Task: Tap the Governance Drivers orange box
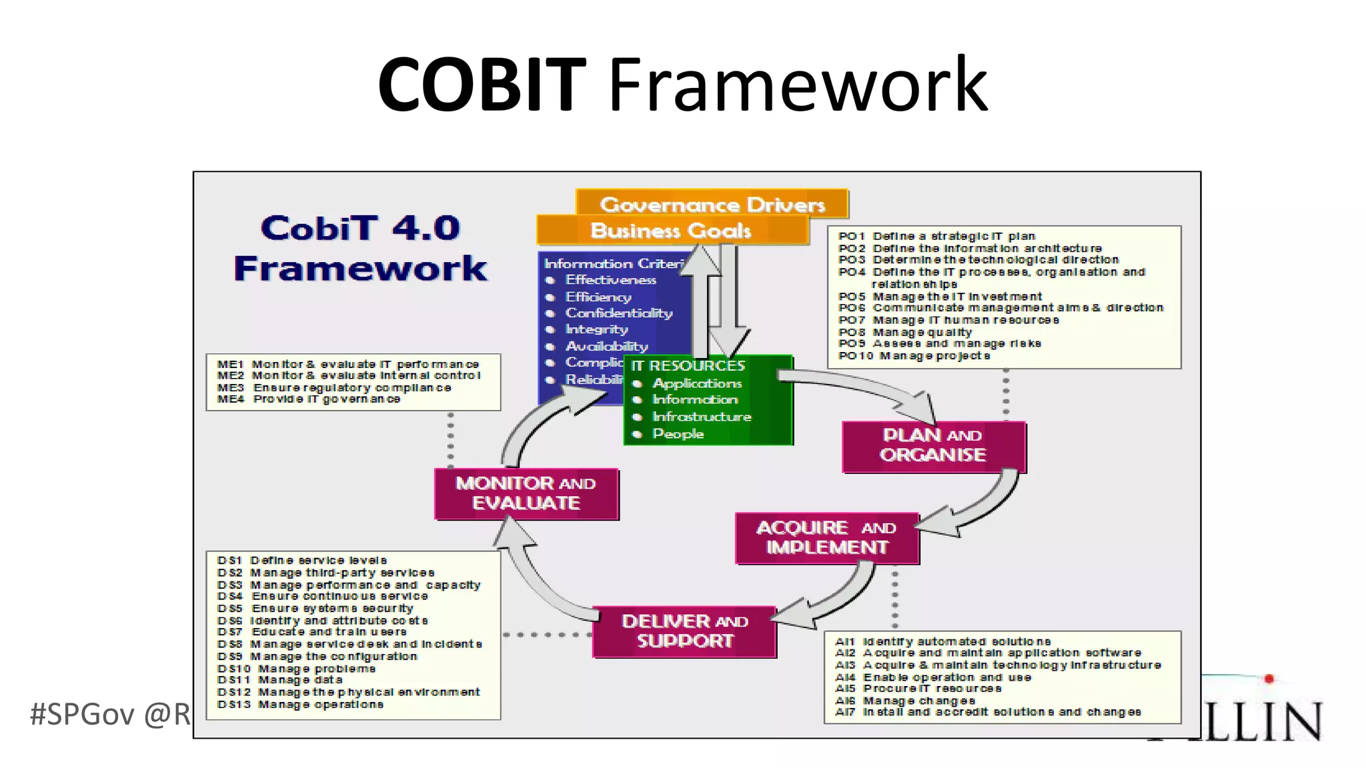[x=712, y=204]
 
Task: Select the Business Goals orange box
[x=671, y=231]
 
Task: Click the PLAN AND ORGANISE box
[x=933, y=445]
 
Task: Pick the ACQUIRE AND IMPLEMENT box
[x=826, y=537]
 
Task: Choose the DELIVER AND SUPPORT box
[x=684, y=631]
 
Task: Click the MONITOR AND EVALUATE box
[x=526, y=493]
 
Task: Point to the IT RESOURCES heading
[x=688, y=366]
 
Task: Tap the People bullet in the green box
[x=678, y=434]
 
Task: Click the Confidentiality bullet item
[x=618, y=313]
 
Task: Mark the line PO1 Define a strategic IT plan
[x=936, y=236]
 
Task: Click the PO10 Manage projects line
[x=914, y=356]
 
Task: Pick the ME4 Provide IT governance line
[x=308, y=399]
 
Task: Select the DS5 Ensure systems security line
[x=315, y=608]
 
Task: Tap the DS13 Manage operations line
[x=300, y=705]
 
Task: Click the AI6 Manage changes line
[x=904, y=701]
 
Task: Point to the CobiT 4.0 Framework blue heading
[x=360, y=248]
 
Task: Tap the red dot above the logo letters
[x=1269, y=679]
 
